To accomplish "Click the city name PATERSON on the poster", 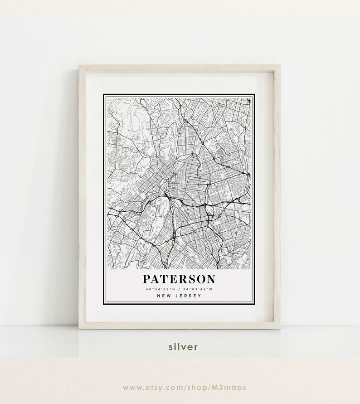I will point(180,278).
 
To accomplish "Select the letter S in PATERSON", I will point(191,278).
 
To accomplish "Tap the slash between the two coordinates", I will point(180,289).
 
